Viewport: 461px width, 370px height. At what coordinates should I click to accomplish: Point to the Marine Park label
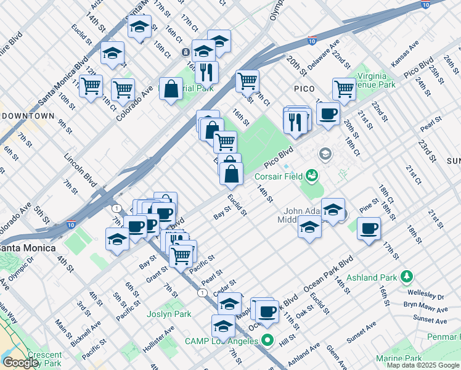tap(399, 358)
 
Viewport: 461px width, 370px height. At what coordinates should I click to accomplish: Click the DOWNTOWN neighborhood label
tap(28, 116)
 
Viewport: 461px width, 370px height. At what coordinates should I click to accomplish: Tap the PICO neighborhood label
tap(304, 89)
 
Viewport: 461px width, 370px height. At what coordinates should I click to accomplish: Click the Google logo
tap(20, 363)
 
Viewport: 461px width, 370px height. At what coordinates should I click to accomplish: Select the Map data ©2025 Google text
tap(423, 365)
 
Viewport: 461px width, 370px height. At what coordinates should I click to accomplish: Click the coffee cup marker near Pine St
tap(369, 229)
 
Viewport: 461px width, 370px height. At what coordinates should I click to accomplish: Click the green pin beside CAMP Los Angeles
tap(267, 339)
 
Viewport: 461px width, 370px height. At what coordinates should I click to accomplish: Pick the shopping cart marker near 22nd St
tap(344, 89)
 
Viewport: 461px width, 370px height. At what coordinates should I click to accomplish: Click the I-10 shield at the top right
tap(425, 4)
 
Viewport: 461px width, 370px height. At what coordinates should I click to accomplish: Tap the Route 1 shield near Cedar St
tap(202, 292)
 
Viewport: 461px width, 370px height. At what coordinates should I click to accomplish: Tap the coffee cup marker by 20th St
tap(328, 114)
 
